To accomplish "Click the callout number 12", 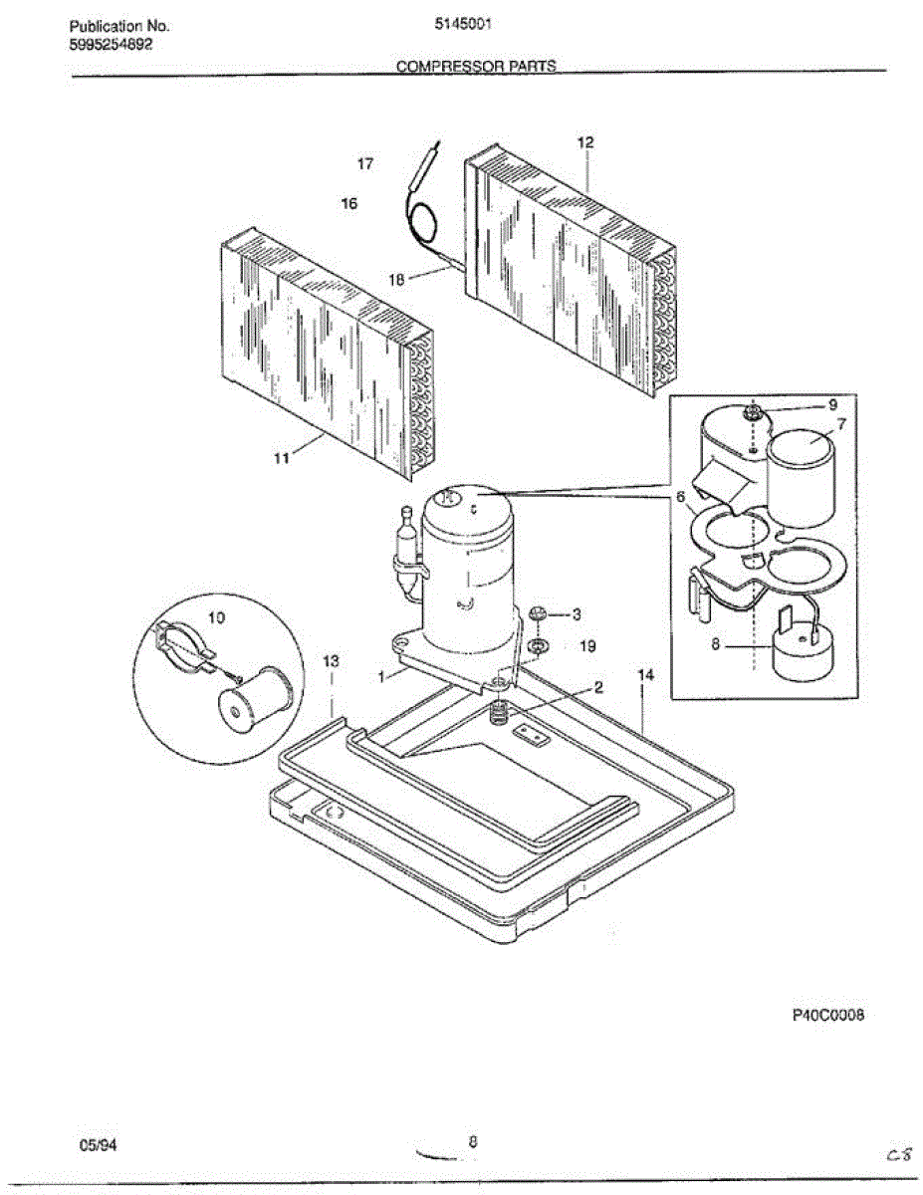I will [x=585, y=143].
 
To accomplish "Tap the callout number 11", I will [x=282, y=458].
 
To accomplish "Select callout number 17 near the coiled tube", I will [x=365, y=164].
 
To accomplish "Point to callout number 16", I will [x=348, y=203].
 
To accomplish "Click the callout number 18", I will [x=396, y=281].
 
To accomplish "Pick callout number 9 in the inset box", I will [x=832, y=406].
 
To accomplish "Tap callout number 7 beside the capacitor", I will [x=841, y=425].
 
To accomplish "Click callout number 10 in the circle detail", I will [x=216, y=617].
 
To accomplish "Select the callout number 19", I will [x=587, y=646].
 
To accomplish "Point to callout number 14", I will [x=645, y=675].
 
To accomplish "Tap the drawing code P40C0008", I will [x=827, y=1015].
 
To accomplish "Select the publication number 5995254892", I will [x=111, y=45].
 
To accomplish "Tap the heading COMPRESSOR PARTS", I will [x=476, y=67].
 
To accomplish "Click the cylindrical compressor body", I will [x=468, y=568].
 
